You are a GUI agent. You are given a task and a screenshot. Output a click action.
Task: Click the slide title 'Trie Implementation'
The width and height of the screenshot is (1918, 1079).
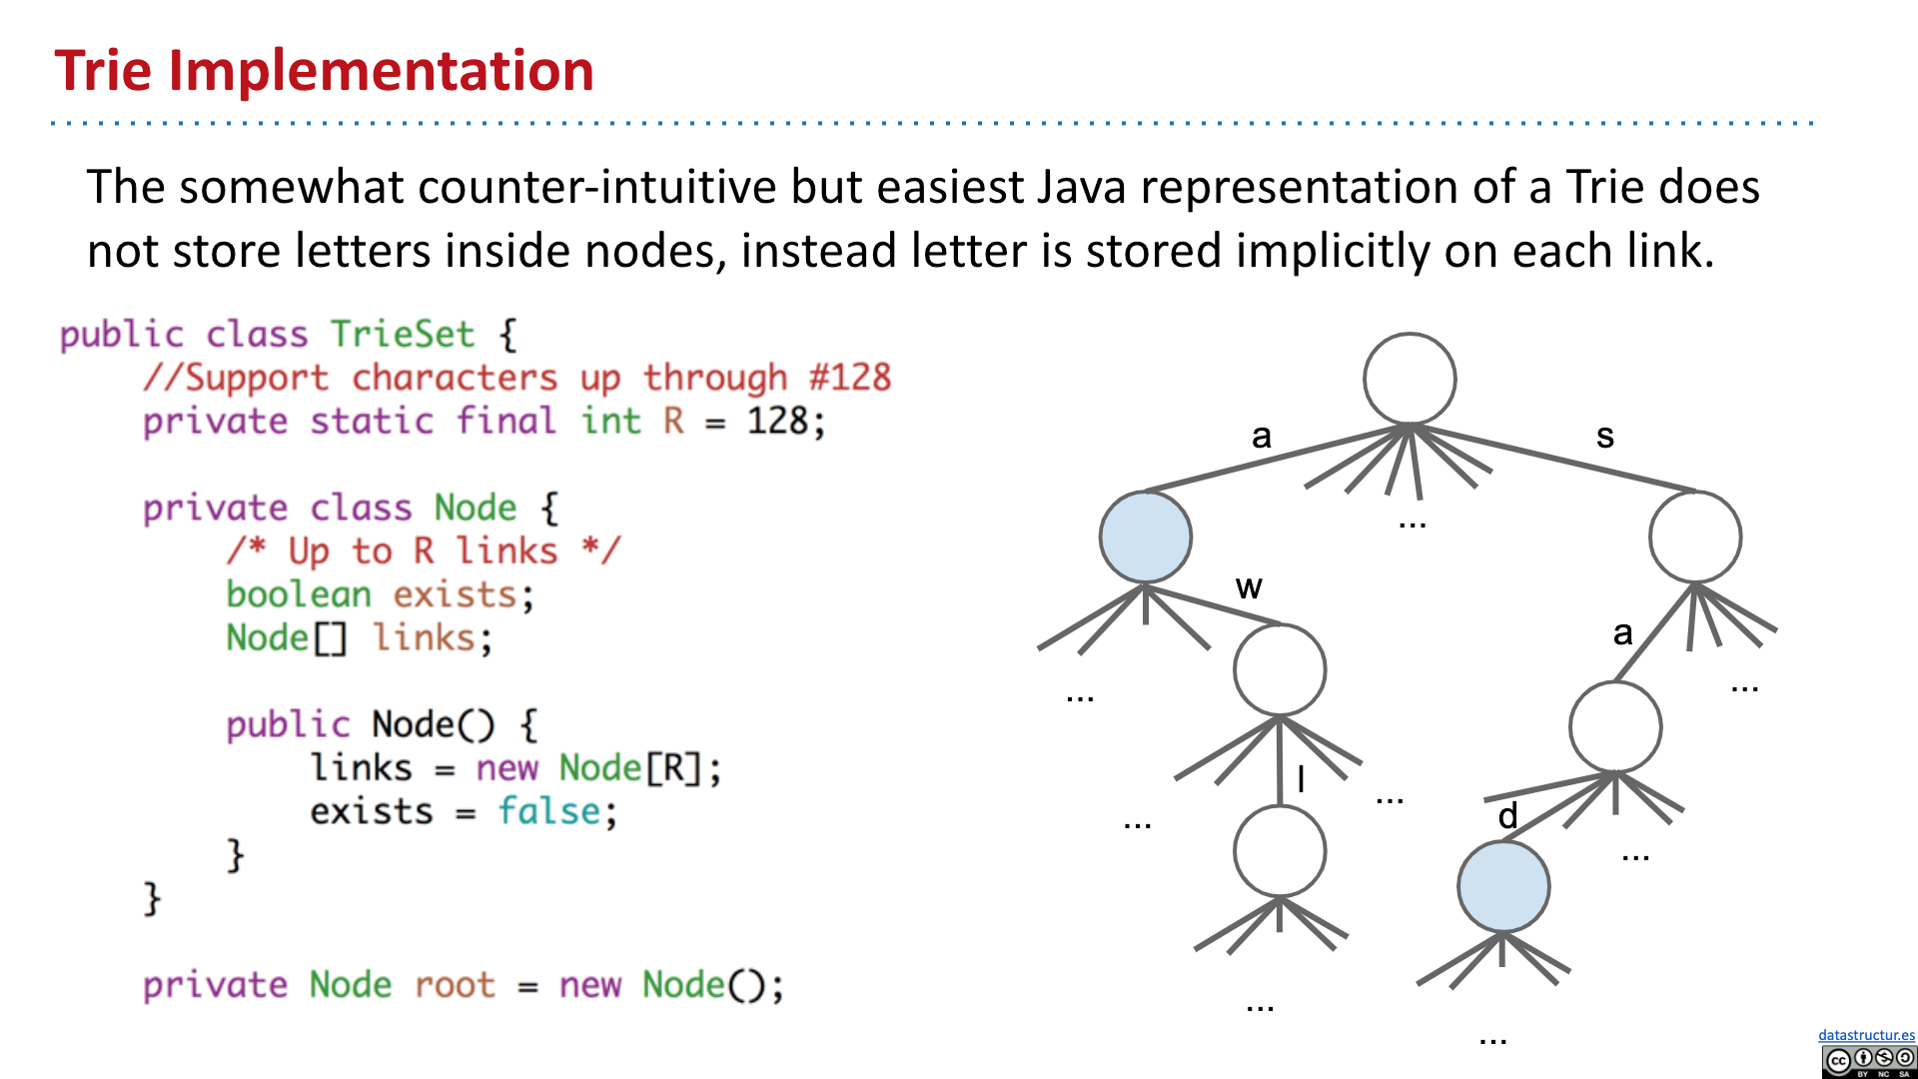coord(324,71)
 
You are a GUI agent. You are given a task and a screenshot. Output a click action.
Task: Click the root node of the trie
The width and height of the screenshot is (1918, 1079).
coord(1410,379)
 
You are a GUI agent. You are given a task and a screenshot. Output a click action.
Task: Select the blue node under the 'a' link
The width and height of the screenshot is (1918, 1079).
coord(1145,537)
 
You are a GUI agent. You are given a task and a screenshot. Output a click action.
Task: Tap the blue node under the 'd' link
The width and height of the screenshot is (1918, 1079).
coord(1502,886)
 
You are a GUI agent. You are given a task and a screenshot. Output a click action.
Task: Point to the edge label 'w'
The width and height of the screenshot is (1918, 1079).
coord(1249,586)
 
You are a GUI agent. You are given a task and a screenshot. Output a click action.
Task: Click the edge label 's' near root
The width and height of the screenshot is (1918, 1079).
coord(1604,436)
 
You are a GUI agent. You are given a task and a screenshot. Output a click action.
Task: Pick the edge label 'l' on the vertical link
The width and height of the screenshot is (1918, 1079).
coord(1301,779)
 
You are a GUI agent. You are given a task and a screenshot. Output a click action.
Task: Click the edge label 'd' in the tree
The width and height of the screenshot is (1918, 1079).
coord(1507,816)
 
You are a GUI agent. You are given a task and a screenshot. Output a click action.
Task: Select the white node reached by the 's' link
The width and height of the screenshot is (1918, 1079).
coord(1694,537)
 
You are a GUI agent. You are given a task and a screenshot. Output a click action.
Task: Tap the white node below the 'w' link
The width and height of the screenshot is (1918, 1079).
coord(1279,669)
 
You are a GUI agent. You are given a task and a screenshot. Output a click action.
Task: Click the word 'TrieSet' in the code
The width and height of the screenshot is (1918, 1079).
coord(402,334)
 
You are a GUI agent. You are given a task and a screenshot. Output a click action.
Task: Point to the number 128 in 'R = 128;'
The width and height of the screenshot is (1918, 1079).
coord(778,421)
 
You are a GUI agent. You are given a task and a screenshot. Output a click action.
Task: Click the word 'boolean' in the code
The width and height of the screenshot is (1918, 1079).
coord(298,594)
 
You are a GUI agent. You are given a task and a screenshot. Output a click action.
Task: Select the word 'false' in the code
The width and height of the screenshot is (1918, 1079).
coord(549,811)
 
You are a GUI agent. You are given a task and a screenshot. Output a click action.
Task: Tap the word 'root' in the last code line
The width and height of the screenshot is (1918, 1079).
coord(455,985)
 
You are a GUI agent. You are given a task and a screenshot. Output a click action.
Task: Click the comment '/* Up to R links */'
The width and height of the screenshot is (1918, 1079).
coord(423,550)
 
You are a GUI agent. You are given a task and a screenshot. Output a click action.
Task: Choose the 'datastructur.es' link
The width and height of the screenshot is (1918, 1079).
coord(1866,1035)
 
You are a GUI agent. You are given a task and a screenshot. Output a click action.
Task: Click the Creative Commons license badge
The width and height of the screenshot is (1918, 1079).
coord(1868,1061)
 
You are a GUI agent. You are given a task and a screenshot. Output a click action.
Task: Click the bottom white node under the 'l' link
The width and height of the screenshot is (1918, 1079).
coord(1279,851)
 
